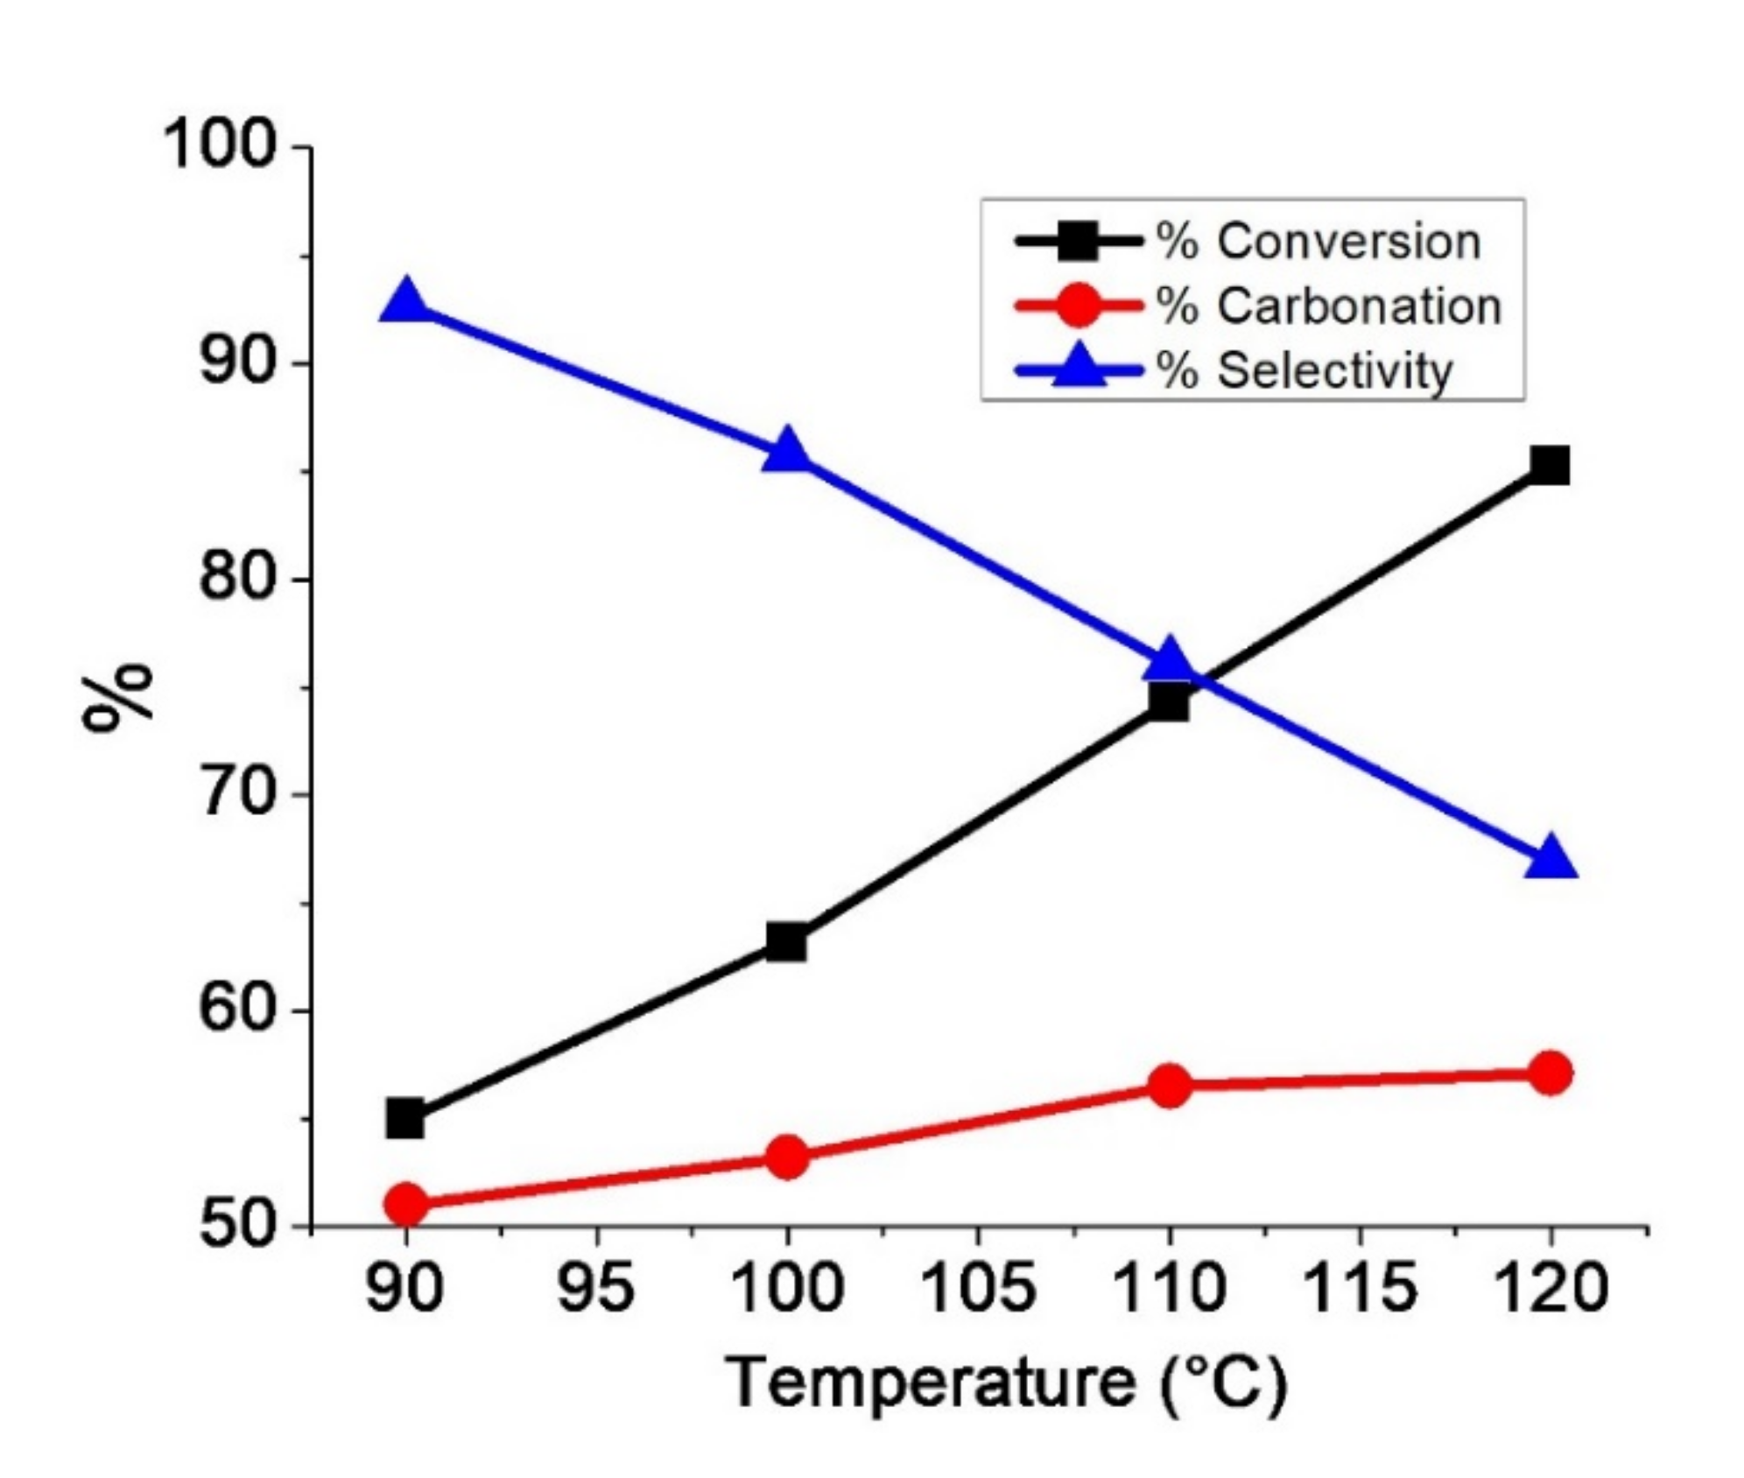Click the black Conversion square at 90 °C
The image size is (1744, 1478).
point(404,1119)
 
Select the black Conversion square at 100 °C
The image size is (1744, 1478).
point(786,942)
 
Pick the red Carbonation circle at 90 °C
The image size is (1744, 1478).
point(405,1204)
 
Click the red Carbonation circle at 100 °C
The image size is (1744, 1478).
point(786,1158)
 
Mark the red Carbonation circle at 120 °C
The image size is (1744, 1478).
point(1550,1073)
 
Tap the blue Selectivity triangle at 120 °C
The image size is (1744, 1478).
point(1551,857)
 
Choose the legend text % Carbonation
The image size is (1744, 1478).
point(1329,306)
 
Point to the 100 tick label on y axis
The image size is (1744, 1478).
point(220,145)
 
